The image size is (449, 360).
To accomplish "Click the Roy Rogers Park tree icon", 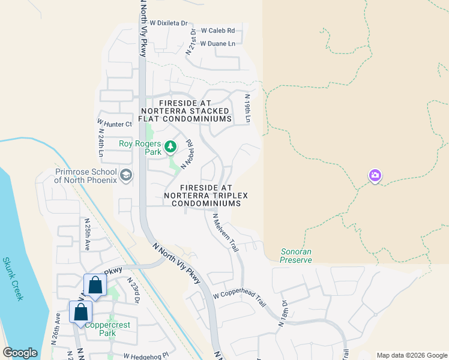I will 170,146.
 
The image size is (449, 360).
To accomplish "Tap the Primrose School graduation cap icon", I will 125,175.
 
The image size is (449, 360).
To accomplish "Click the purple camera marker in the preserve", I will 375,175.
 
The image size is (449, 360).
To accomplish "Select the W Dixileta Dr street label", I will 169,23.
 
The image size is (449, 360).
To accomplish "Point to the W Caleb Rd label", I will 218,30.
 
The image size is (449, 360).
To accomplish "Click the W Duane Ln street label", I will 217,43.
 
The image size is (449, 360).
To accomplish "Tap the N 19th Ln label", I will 247,109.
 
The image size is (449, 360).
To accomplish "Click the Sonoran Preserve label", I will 296,256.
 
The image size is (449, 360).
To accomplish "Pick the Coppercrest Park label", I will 107,329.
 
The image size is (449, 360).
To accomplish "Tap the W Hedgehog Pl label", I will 146,356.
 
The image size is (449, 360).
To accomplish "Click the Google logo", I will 20,353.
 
